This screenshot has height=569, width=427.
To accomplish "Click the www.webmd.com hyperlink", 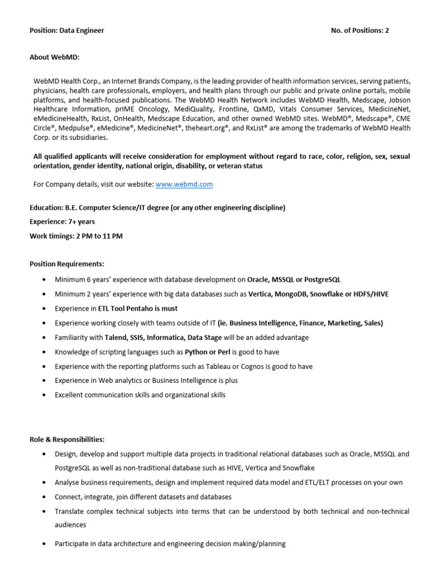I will [184, 184].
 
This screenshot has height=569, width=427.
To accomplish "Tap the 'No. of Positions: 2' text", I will [360, 31].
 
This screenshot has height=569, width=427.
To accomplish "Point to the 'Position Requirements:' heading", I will [67, 264].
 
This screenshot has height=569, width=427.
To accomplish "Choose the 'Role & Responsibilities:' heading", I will [67, 439].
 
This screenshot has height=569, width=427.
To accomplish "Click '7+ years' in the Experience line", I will [81, 222].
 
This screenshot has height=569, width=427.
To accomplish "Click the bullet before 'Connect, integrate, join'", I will [43, 497].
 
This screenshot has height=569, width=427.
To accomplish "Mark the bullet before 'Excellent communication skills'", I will [43, 395].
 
